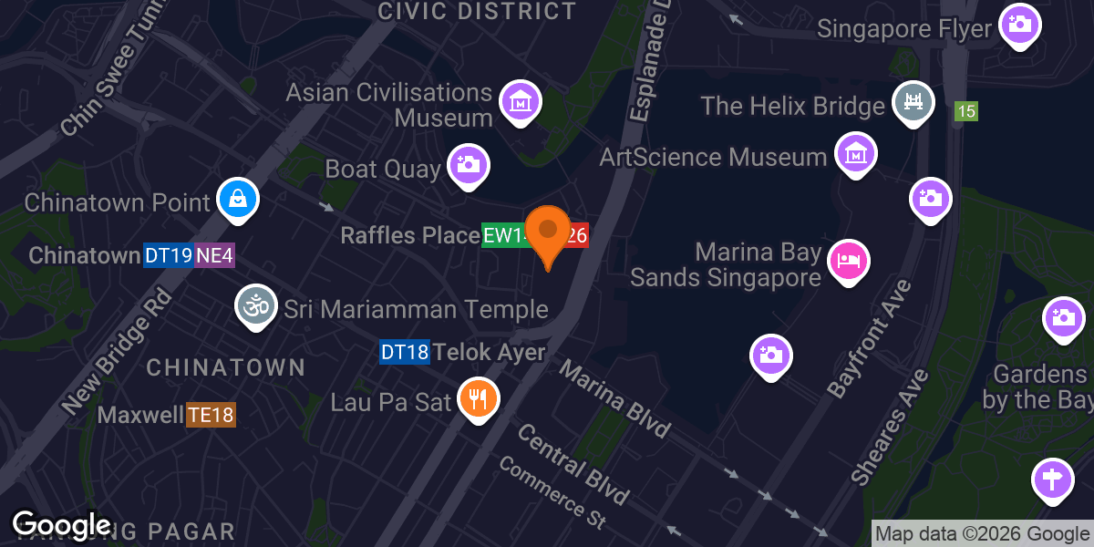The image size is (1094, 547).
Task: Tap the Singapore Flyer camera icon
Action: click(1020, 25)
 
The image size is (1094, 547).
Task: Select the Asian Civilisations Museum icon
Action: click(520, 101)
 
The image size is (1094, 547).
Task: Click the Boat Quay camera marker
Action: click(468, 165)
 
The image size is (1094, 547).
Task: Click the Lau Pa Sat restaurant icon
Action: click(478, 397)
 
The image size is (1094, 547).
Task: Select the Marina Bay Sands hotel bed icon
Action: click(849, 262)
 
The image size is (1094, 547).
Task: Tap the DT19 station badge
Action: click(168, 255)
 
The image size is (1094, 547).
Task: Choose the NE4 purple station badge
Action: click(214, 255)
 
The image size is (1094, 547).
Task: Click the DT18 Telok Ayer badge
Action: click(404, 352)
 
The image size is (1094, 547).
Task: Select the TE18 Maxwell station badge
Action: click(211, 416)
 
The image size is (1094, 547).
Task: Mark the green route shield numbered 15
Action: click(966, 112)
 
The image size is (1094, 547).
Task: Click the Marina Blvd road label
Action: click(614, 399)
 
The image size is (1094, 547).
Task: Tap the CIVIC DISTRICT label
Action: click(477, 11)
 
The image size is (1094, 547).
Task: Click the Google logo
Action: click(61, 524)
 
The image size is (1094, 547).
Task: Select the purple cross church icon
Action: click(1053, 479)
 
